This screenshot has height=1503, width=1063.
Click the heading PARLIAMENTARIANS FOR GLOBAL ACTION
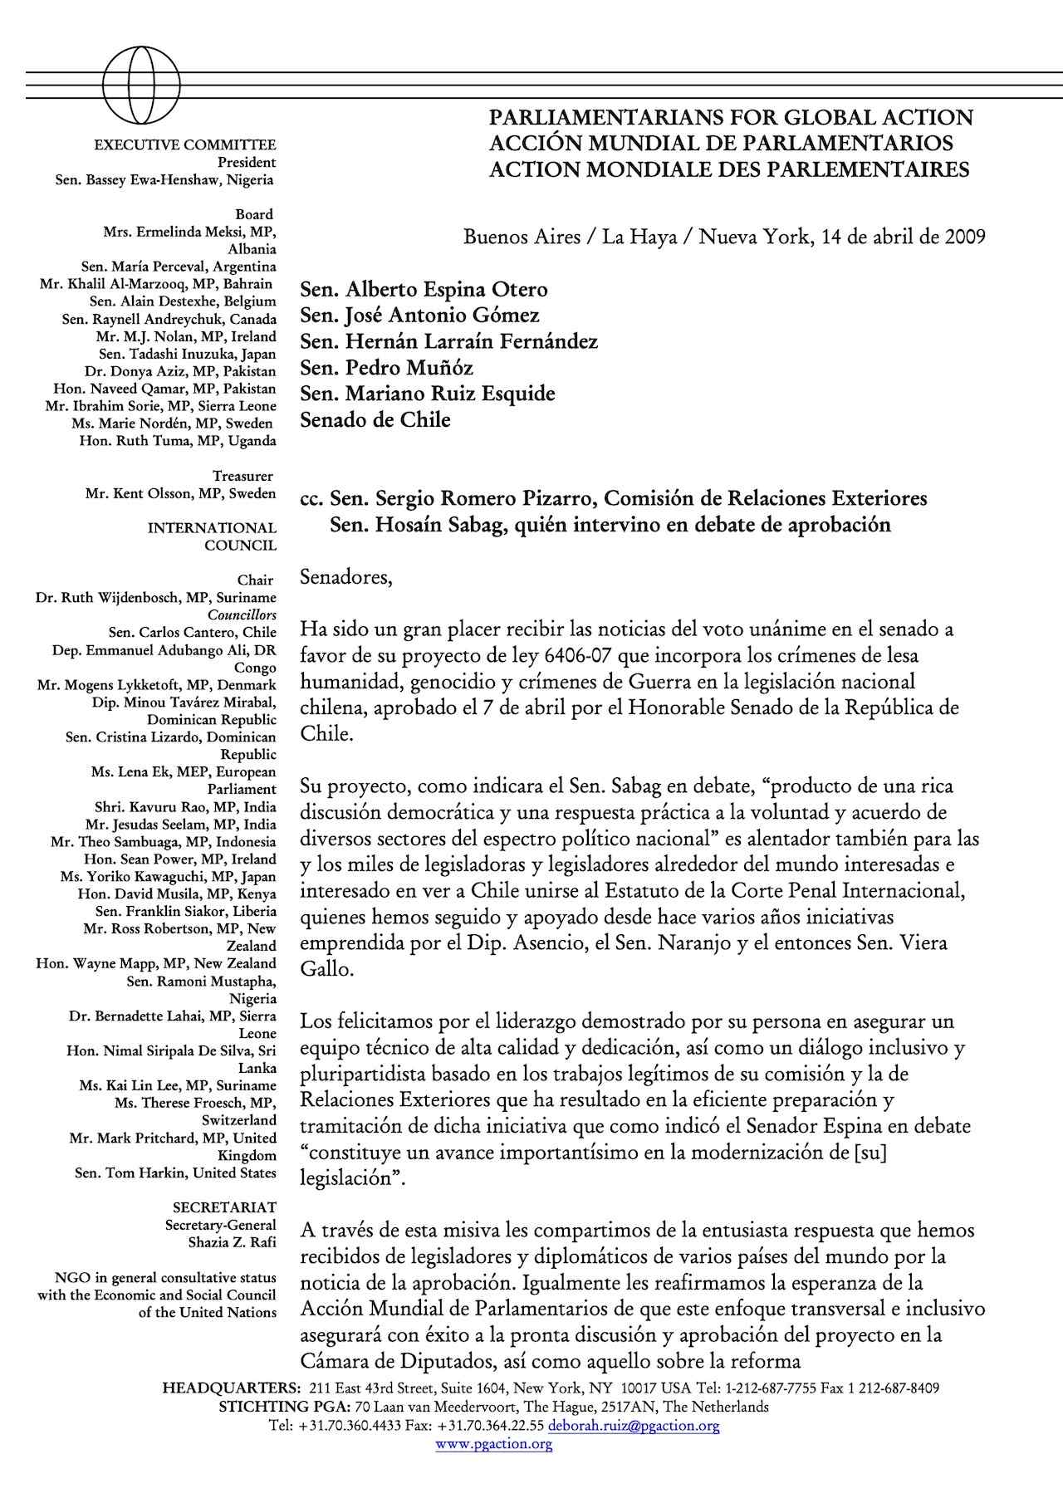tap(731, 118)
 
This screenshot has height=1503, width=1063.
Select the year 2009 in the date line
tap(963, 237)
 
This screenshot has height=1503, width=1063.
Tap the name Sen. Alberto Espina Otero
tap(424, 290)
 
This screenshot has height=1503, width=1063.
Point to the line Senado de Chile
tap(375, 420)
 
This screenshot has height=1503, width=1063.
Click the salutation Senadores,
tap(345, 576)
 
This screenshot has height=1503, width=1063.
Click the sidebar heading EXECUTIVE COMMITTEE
tap(185, 145)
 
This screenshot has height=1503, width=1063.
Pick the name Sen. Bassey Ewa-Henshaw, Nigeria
tap(164, 180)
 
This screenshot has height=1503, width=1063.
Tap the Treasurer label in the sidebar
tap(243, 477)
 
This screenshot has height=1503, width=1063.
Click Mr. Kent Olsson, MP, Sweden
tap(180, 494)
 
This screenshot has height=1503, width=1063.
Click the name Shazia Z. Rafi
tap(233, 1243)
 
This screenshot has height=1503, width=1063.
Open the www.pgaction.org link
tap(494, 1443)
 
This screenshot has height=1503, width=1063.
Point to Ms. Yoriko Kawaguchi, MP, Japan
tap(168, 877)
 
